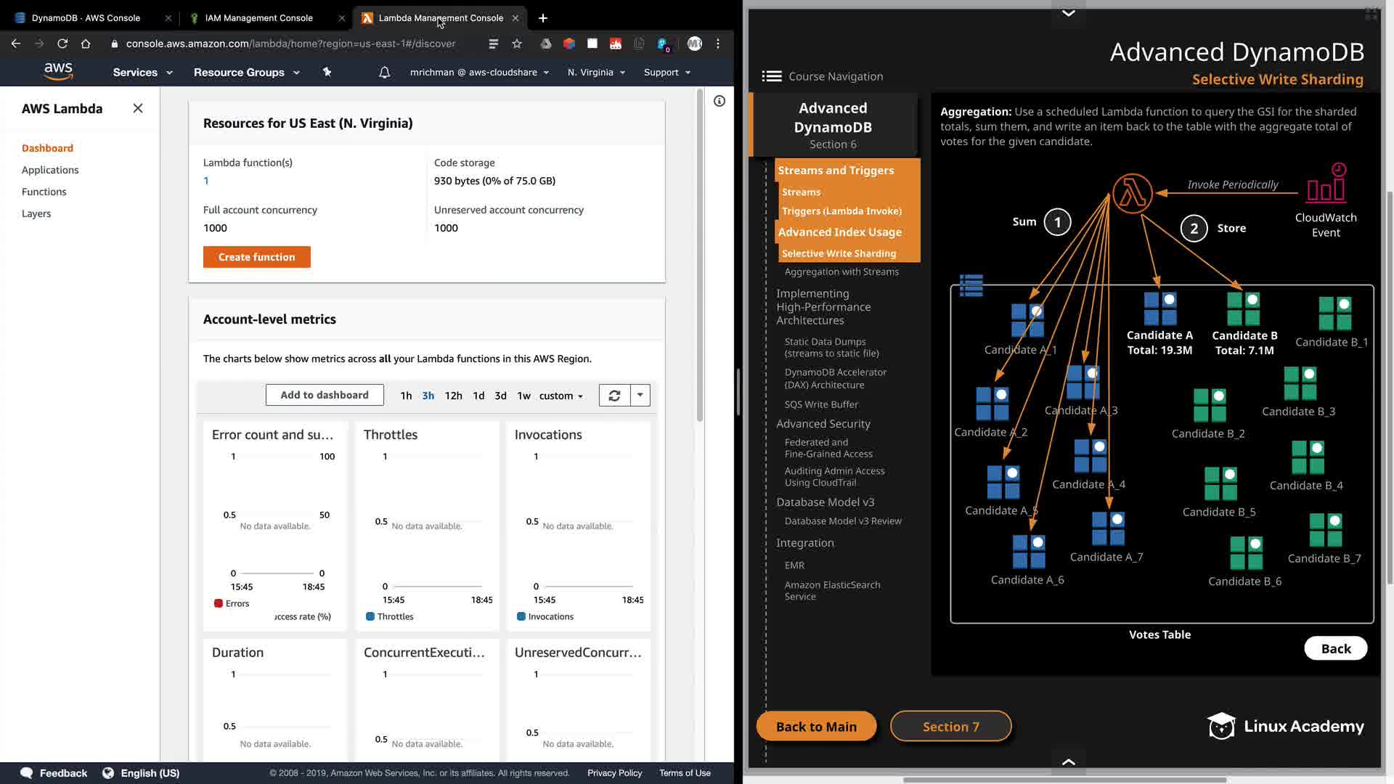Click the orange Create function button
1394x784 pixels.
(256, 257)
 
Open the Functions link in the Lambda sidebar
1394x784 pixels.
(44, 192)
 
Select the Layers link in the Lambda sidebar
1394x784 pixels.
(36, 213)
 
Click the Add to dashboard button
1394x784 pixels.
(325, 395)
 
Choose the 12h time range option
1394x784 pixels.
(453, 396)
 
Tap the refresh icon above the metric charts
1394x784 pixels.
(614, 396)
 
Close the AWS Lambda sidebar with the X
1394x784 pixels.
(138, 108)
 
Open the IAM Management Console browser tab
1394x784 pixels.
(258, 18)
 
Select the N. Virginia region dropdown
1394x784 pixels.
(596, 73)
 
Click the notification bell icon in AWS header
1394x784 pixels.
(384, 73)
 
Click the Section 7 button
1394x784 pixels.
(950, 727)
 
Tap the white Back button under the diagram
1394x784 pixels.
(1335, 649)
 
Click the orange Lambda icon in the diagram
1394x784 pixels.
(1132, 194)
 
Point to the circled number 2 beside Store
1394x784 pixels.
(1194, 228)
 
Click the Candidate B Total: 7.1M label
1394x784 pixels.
(1244, 343)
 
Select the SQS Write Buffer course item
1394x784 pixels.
(821, 404)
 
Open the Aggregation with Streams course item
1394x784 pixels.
(841, 271)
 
